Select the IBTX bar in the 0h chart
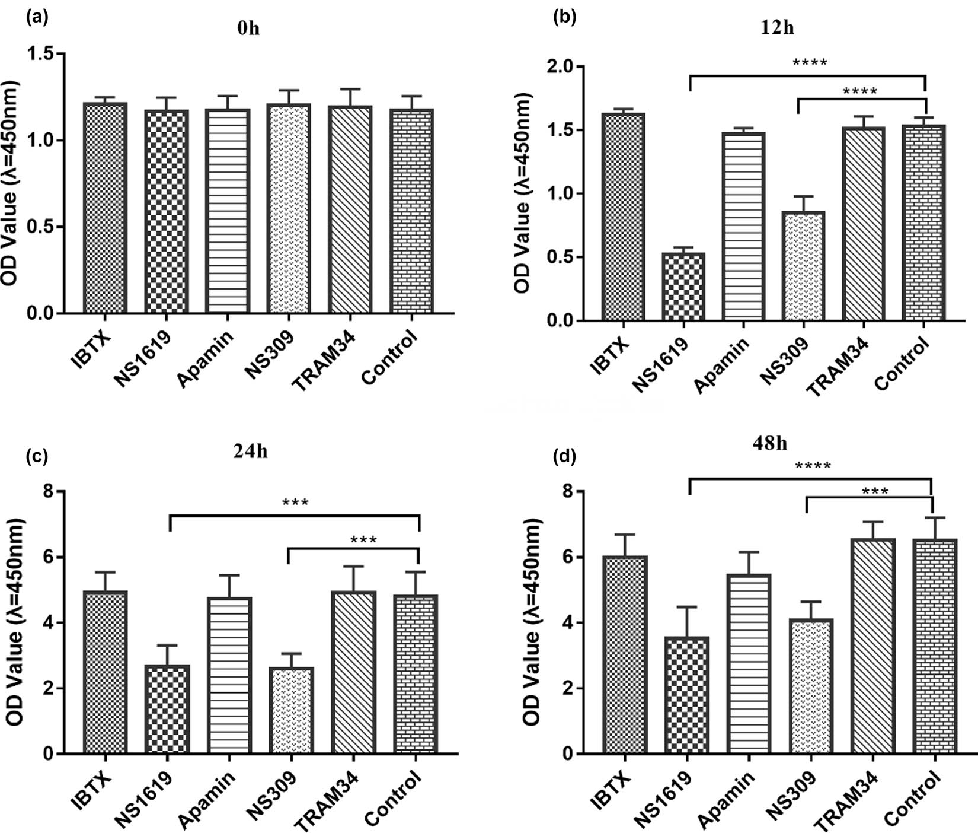click(x=105, y=208)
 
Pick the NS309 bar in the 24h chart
click(x=290, y=711)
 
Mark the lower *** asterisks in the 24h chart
click(x=364, y=540)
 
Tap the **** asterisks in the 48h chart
click(x=813, y=466)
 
